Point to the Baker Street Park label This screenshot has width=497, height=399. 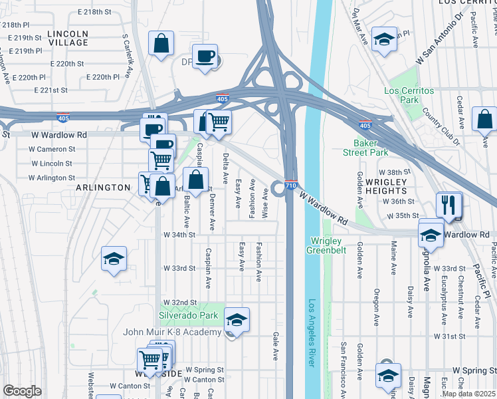[370, 148]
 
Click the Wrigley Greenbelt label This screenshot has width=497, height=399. [324, 245]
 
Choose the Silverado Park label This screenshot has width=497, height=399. [188, 315]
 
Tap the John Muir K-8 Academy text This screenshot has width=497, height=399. [171, 332]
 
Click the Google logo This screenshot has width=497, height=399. [22, 391]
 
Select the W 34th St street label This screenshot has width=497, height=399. [179, 235]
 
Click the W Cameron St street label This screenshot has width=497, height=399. [53, 149]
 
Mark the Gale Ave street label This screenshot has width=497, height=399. [274, 347]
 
